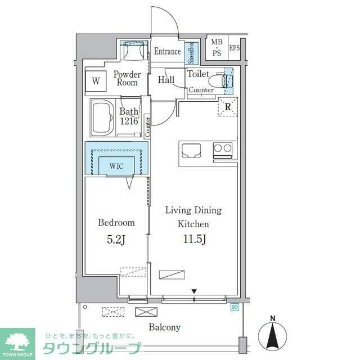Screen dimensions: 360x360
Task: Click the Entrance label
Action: (168, 52)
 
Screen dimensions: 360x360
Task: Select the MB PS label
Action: (217, 47)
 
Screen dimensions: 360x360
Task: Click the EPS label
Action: (234, 48)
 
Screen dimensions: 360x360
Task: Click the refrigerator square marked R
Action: (228, 107)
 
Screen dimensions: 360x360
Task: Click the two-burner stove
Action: (222, 150)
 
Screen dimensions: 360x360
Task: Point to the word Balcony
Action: (164, 327)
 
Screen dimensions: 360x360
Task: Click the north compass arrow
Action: (273, 335)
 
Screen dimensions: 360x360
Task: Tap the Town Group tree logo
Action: (17, 340)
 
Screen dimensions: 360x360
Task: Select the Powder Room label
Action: (127, 78)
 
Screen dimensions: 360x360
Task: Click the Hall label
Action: (166, 80)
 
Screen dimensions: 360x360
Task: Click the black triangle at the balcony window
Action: (193, 291)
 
